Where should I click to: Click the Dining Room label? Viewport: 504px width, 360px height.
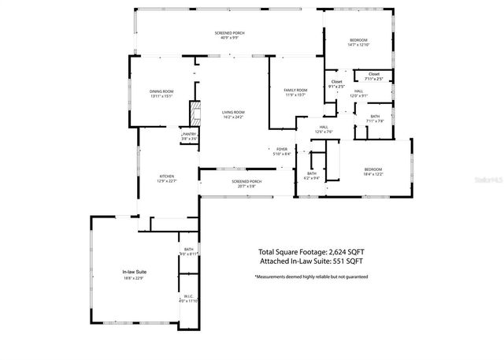161,92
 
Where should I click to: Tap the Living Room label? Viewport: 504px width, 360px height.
232,113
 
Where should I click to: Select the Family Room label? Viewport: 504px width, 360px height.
296,91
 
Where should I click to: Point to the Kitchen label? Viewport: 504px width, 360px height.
167,176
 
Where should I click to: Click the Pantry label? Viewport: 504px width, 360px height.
189,134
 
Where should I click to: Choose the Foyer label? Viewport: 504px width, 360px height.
281,149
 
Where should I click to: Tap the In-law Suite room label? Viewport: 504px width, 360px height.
135,272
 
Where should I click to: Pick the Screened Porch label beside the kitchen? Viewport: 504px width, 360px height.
246,181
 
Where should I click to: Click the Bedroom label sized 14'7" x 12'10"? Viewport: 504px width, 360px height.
358,40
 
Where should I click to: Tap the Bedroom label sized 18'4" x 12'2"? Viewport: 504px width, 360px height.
372,169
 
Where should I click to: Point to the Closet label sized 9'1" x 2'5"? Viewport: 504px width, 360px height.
336,82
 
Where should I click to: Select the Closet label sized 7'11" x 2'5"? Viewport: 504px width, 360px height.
373,74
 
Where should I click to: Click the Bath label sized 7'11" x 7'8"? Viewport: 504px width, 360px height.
375,117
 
